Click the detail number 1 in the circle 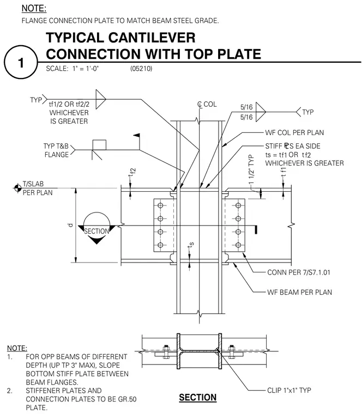point(21,63)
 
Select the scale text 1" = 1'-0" point(86,69)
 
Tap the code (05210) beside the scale point(141,69)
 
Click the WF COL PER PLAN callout point(294,132)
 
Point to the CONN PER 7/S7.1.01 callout point(299,272)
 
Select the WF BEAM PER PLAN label point(299,293)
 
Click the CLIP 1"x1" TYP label point(289,390)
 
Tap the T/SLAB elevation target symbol point(17,188)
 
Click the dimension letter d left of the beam point(70,225)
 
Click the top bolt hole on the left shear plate point(160,205)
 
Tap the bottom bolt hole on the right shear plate point(238,245)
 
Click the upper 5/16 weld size point(246,107)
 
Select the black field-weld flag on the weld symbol point(137,136)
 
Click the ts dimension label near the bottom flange point(191,245)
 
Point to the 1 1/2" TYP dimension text point(251,169)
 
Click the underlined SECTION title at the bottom point(198,397)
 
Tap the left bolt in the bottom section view point(166,352)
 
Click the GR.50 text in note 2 point(128,399)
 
